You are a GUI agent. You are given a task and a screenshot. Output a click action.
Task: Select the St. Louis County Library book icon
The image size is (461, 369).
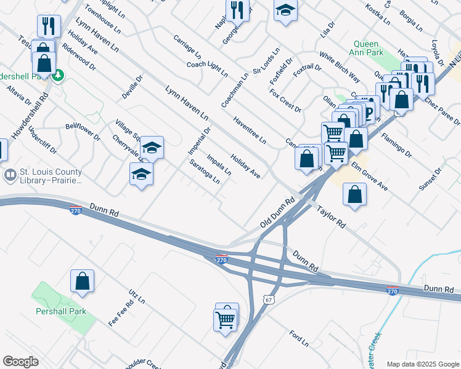pyautogui.click(x=10, y=176)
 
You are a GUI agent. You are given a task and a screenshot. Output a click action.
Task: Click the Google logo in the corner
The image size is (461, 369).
pyautogui.click(x=20, y=362)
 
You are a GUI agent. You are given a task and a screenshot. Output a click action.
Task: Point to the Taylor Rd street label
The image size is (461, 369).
pyautogui.click(x=331, y=218)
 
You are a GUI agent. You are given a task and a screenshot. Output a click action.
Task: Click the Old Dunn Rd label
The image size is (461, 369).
pyautogui.click(x=278, y=213)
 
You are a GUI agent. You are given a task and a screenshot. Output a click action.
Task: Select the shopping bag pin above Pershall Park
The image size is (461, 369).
pyautogui.click(x=82, y=281)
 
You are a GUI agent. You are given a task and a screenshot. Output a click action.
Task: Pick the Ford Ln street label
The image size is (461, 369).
pyautogui.click(x=299, y=338)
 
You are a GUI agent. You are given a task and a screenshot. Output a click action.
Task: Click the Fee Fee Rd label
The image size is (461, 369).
pyautogui.click(x=121, y=313)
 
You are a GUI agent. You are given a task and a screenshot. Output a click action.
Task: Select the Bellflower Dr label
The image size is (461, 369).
pyautogui.click(x=83, y=132)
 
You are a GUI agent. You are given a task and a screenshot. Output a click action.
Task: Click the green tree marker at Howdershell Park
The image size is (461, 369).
pyautogui.click(x=58, y=76)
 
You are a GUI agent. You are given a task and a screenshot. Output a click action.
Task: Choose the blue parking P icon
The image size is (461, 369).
pyautogui.click(x=369, y=111)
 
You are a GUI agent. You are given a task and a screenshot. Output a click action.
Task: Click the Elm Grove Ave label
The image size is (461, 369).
pyautogui.click(x=369, y=176)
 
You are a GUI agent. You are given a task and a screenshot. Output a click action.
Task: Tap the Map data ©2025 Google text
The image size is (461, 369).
pyautogui.click(x=423, y=363)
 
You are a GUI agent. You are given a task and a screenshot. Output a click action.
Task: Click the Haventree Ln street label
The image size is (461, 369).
pyautogui.click(x=250, y=130)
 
